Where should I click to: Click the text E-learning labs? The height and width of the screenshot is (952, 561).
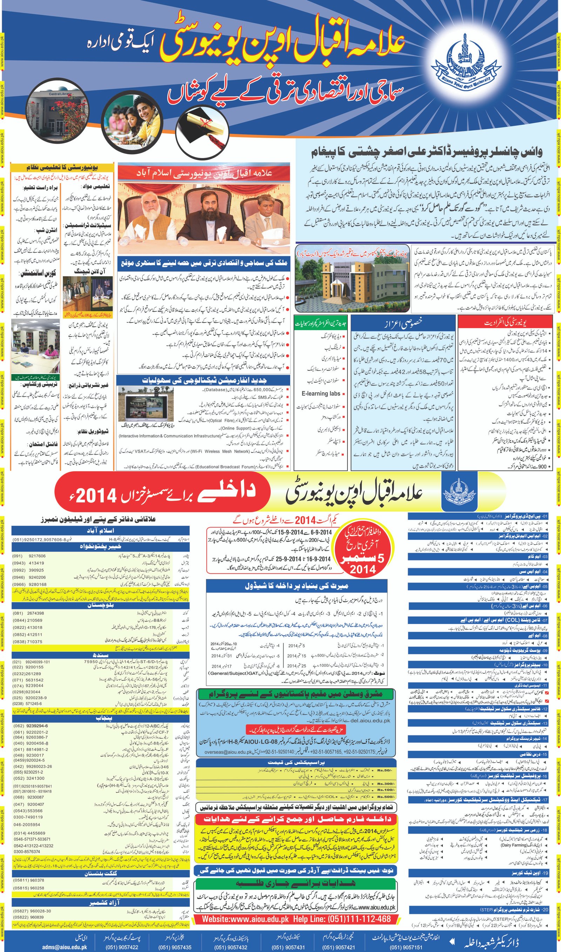point(320,394)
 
